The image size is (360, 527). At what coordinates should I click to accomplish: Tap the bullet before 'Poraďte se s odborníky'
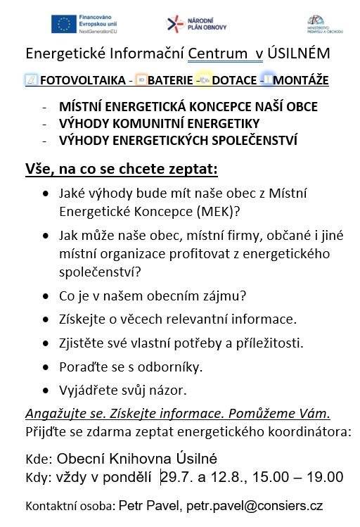pos(46,367)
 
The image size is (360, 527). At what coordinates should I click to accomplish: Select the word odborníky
pos(174,367)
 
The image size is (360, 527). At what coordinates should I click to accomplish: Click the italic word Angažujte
pos(52,414)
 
